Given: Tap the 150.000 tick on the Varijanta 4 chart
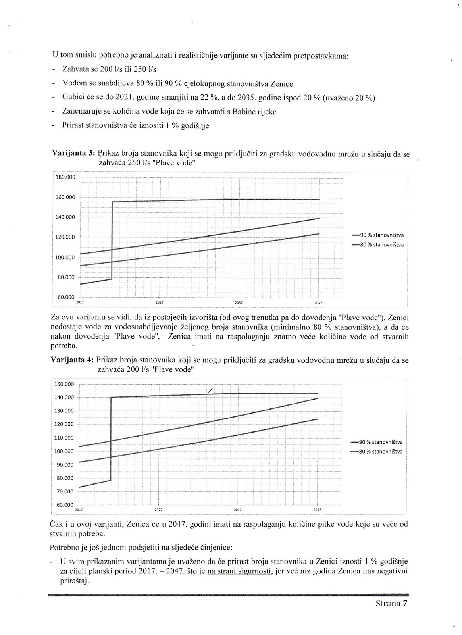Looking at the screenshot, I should click(x=64, y=384).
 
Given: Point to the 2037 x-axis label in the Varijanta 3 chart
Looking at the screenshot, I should click(x=239, y=302).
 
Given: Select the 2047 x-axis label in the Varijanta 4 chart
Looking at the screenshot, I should click(x=317, y=510).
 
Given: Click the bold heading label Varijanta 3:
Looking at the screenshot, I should click(x=74, y=154).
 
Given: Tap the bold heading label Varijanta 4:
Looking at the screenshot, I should click(x=72, y=360).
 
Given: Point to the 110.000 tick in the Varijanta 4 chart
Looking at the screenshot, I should click(x=64, y=438).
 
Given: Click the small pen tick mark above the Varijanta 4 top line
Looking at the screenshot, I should click(x=210, y=391).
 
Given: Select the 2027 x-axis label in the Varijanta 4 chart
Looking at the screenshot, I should click(x=158, y=510).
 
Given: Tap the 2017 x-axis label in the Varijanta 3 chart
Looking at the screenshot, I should click(x=79, y=302).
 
